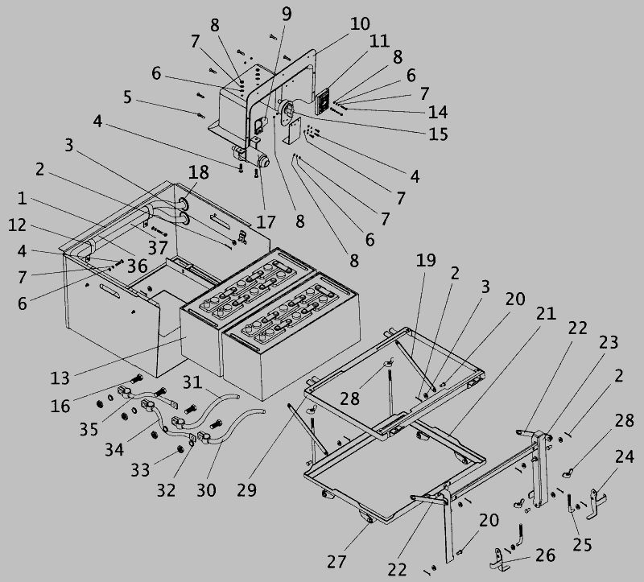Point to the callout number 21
(x=546, y=314)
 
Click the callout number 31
(x=191, y=381)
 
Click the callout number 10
(x=360, y=23)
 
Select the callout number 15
(x=438, y=134)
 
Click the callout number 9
(x=287, y=14)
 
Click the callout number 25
(x=581, y=544)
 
